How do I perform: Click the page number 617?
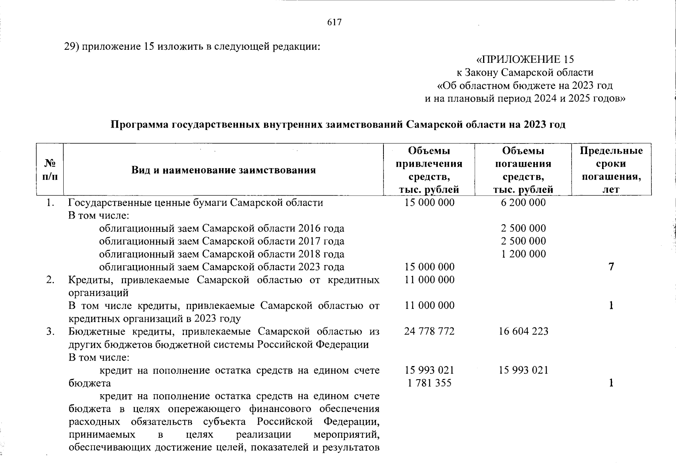(334, 22)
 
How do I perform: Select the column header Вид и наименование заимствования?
(223, 170)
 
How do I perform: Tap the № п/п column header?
(50, 170)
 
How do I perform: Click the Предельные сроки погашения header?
(611, 170)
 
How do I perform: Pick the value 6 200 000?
(523, 203)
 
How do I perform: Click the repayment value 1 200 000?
(523, 254)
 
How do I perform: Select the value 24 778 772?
(429, 331)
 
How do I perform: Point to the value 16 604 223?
(523, 331)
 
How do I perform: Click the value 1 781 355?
(429, 383)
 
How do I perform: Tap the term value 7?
(611, 267)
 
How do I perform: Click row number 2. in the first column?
(50, 280)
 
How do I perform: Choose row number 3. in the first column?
(50, 331)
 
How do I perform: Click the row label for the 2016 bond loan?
(221, 228)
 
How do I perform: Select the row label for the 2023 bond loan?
(221, 267)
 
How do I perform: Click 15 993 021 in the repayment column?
(523, 370)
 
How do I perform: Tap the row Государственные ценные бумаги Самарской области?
(195, 203)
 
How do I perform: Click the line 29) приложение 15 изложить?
(192, 47)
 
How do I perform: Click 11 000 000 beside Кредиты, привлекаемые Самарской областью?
(429, 280)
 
